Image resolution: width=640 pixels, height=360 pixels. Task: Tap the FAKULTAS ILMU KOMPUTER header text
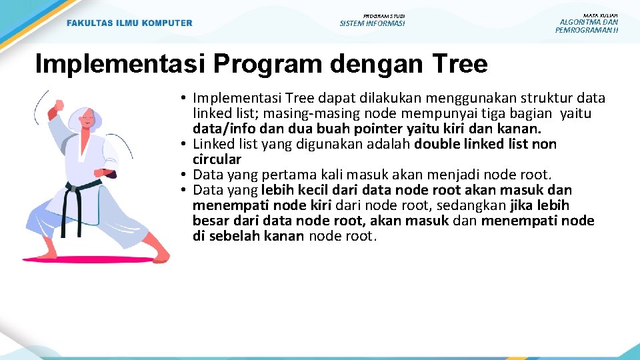click(x=129, y=23)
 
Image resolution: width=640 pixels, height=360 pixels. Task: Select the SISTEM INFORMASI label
click(x=372, y=24)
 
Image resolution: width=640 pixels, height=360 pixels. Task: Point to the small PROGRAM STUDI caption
click(x=383, y=16)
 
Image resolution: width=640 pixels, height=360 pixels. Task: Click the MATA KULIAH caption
click(x=600, y=15)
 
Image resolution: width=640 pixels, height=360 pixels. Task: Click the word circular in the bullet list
click(x=217, y=159)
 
